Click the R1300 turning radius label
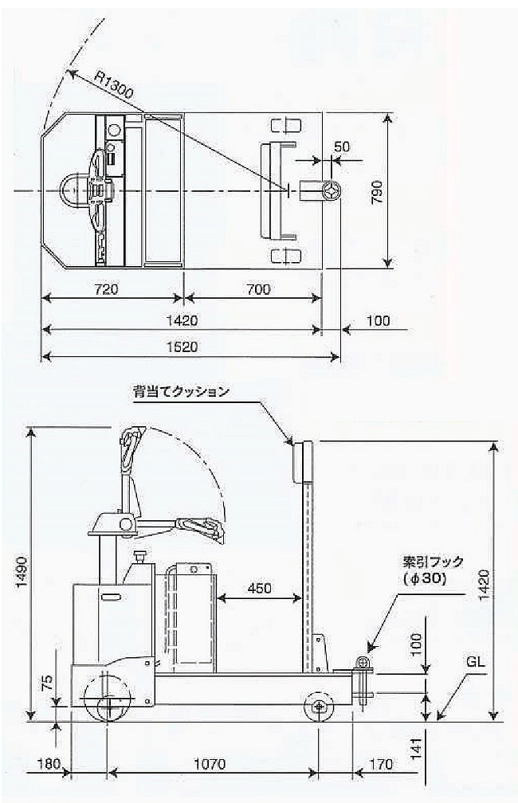coord(113,84)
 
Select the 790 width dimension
coord(377,192)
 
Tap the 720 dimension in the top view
coord(107,289)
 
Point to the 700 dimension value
coord(257,289)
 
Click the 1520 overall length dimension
coord(182,347)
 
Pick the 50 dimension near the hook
coord(342,147)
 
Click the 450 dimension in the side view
coord(259,588)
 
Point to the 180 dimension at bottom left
coord(49,765)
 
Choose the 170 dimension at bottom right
coord(381,765)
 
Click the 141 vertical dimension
coord(416,749)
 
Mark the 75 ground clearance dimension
coord(47,683)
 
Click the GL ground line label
coord(475,662)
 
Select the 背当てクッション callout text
coord(181,392)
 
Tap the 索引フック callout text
coord(433,562)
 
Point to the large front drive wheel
coord(107,698)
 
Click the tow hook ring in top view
coord(332,192)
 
